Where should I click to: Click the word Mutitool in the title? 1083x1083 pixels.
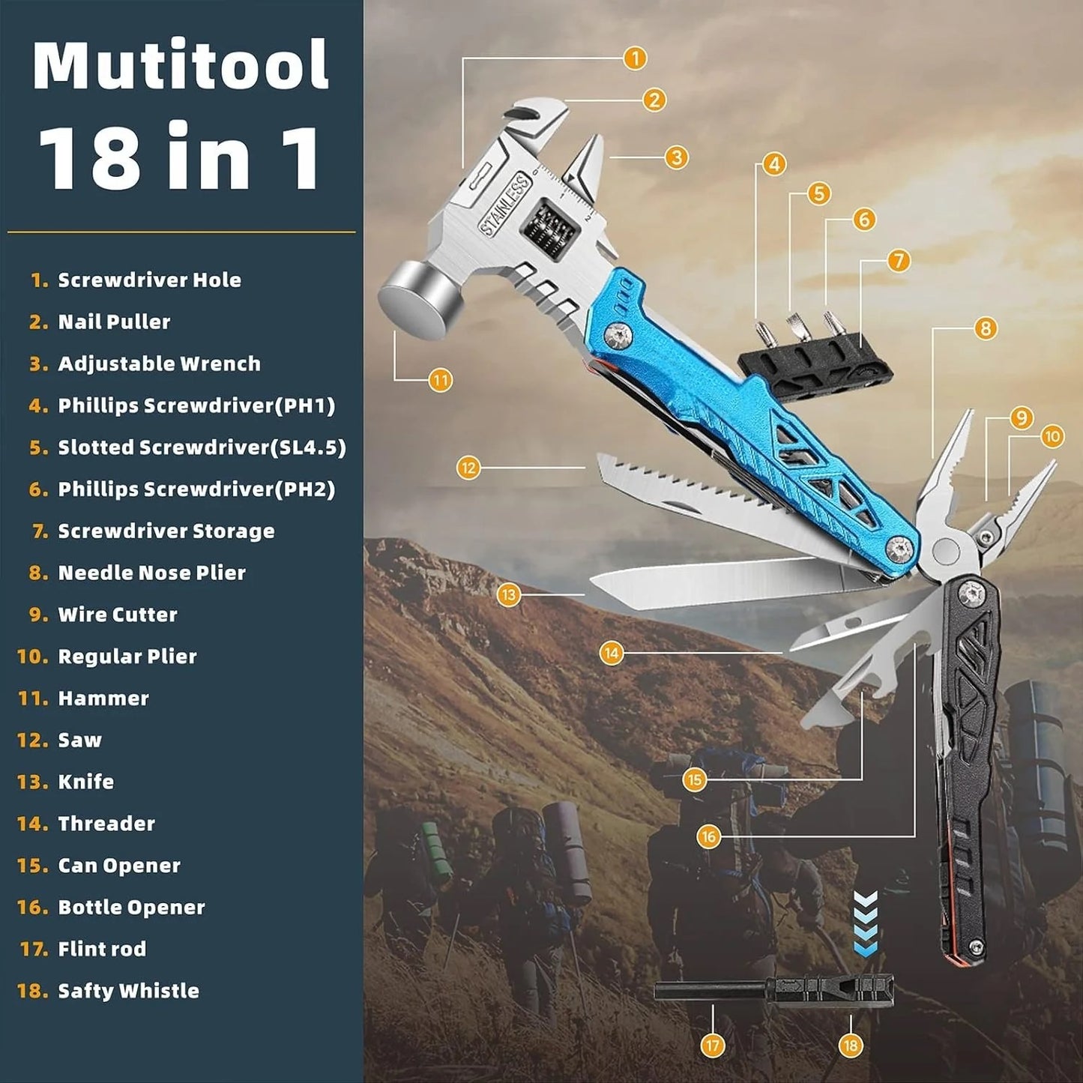pyautogui.click(x=181, y=66)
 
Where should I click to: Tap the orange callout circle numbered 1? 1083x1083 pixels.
pyautogui.click(x=635, y=58)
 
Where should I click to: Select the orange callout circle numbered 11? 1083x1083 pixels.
pyautogui.click(x=441, y=380)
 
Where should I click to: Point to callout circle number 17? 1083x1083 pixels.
pyautogui.click(x=712, y=1045)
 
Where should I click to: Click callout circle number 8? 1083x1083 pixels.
pyautogui.click(x=985, y=328)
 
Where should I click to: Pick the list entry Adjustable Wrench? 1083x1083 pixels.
pyautogui.click(x=159, y=363)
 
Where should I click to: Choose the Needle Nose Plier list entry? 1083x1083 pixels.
pyautogui.click(x=151, y=573)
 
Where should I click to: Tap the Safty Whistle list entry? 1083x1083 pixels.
pyautogui.click(x=128, y=991)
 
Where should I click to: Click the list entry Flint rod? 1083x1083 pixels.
pyautogui.click(x=102, y=949)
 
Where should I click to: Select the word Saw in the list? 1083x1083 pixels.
pyautogui.click(x=79, y=740)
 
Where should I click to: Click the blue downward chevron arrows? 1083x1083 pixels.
pyautogui.click(x=866, y=923)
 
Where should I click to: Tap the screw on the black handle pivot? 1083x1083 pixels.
pyautogui.click(x=972, y=594)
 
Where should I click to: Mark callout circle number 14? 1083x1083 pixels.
pyautogui.click(x=612, y=653)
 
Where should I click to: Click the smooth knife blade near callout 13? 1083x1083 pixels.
pyautogui.click(x=712, y=585)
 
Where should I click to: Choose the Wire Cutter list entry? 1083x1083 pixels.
pyautogui.click(x=118, y=615)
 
